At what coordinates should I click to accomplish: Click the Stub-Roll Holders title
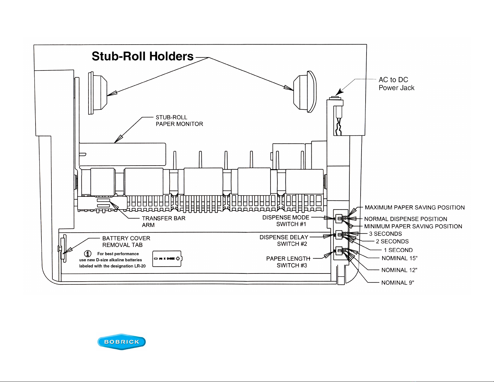pyautogui.click(x=142, y=56)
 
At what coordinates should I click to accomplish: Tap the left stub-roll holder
pyautogui.click(x=98, y=93)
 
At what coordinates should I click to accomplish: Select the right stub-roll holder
pyautogui.click(x=305, y=92)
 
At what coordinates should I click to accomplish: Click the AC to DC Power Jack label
pyautogui.click(x=396, y=84)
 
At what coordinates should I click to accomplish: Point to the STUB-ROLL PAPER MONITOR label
pyautogui.click(x=179, y=120)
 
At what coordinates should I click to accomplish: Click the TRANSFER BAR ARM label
pyautogui.click(x=164, y=221)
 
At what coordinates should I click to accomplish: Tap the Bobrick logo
pyautogui.click(x=122, y=342)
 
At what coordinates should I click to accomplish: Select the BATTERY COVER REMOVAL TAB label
pyautogui.click(x=126, y=241)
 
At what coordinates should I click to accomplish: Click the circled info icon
pyautogui.click(x=88, y=254)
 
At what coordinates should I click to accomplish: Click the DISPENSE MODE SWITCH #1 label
pyautogui.click(x=286, y=221)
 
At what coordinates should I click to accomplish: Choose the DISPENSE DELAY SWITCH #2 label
pyautogui.click(x=284, y=240)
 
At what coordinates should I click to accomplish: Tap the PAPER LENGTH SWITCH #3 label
pyautogui.click(x=288, y=262)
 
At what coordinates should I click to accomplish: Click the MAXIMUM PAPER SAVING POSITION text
pyautogui.click(x=415, y=207)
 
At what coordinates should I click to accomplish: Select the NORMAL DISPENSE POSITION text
pyautogui.click(x=405, y=219)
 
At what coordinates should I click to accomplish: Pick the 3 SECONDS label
pyautogui.click(x=385, y=234)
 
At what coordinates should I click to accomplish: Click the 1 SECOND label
pyautogui.click(x=398, y=250)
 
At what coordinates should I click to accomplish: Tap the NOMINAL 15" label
pyautogui.click(x=400, y=258)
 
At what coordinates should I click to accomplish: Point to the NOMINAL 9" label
pyautogui.click(x=398, y=283)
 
